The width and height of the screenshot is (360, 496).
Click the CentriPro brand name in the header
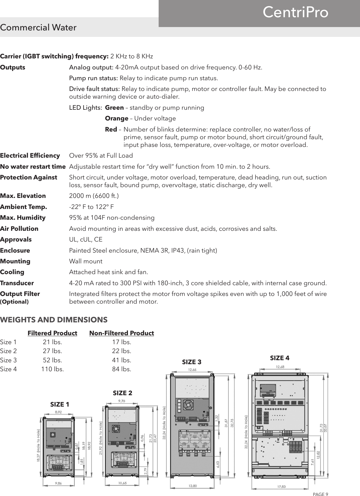(x=295, y=13)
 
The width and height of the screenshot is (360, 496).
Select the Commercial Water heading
(x=38, y=28)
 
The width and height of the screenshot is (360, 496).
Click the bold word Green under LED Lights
(x=114, y=108)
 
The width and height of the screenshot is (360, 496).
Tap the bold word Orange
(x=117, y=119)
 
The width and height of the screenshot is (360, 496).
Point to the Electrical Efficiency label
(x=30, y=156)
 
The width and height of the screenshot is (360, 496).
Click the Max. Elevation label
(x=23, y=196)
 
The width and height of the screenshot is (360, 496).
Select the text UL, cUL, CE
(x=86, y=240)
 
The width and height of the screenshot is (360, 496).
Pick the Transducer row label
(x=17, y=283)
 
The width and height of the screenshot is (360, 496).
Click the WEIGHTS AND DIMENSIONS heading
(x=54, y=320)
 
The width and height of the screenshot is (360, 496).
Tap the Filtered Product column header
(x=52, y=333)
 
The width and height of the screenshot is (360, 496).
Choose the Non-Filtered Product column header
(x=121, y=333)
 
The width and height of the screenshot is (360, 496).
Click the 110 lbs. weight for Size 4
(x=53, y=369)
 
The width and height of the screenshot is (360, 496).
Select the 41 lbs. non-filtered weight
(x=121, y=360)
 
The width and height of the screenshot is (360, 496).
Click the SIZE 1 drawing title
(x=60, y=404)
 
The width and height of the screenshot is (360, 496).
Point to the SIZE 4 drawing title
(x=279, y=358)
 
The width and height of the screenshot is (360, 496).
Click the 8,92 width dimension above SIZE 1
(x=59, y=412)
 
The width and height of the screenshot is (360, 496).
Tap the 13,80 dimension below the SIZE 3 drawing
(x=192, y=486)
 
